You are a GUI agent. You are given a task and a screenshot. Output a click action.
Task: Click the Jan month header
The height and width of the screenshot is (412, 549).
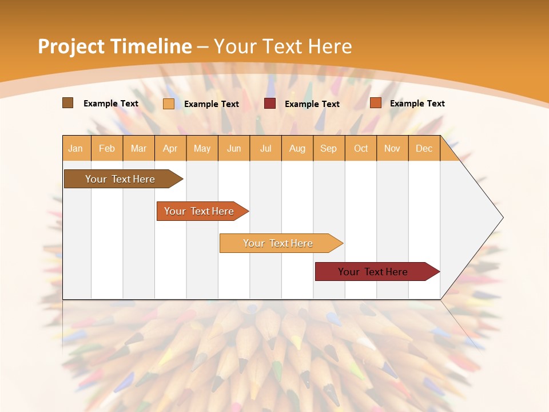tap(75, 148)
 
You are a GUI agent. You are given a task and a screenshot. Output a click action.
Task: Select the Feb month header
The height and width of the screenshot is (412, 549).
tap(107, 148)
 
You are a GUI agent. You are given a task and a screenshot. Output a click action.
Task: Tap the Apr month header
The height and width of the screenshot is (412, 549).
tap(170, 148)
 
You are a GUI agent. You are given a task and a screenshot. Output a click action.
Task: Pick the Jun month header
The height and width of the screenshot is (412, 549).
tap(234, 148)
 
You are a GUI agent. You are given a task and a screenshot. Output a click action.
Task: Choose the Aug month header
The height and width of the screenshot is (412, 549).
tap(297, 148)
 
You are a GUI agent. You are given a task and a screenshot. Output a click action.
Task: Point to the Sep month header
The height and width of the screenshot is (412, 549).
tap(329, 148)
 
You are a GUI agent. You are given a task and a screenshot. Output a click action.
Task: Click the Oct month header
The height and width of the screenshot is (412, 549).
tap(361, 148)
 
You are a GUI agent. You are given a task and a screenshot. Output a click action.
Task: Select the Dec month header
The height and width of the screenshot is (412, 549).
tap(424, 148)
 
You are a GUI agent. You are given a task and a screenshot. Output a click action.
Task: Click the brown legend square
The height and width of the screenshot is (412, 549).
tap(67, 103)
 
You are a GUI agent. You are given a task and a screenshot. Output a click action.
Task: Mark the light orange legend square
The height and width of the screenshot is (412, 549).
tap(169, 104)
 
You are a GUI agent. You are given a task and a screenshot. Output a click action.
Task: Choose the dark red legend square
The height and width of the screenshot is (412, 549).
tap(270, 104)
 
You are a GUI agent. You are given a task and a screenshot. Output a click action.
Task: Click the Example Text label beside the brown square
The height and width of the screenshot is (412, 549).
tap(111, 104)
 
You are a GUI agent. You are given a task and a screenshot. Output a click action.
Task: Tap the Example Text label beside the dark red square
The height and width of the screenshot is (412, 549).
tap(312, 104)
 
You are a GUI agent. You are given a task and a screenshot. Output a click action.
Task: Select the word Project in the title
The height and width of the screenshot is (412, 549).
tap(71, 46)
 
